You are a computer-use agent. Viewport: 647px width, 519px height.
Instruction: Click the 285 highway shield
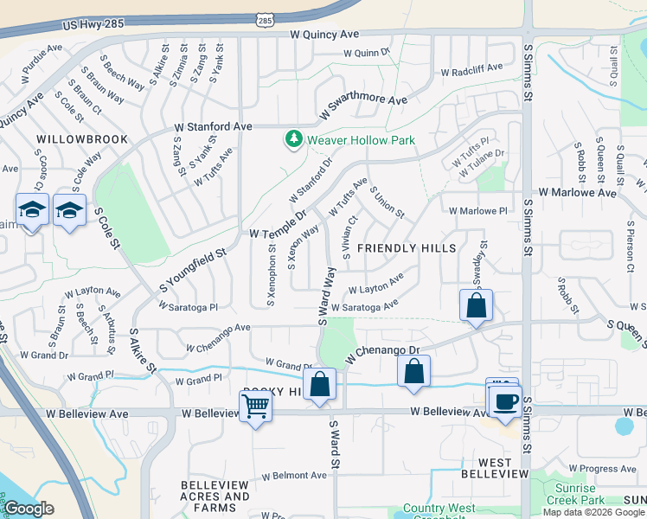[x=266, y=18]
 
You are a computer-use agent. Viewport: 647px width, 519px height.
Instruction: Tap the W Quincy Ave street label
[x=324, y=35]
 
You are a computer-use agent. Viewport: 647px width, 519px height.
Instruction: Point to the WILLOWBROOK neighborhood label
[x=82, y=139]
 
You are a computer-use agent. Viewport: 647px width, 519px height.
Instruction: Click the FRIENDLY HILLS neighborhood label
[x=407, y=248]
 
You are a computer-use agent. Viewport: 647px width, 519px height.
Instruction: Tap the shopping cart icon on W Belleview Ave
[x=256, y=405]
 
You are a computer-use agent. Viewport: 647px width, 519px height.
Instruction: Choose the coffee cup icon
[x=506, y=400]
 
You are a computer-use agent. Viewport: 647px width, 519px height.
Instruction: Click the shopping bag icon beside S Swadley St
[x=476, y=305]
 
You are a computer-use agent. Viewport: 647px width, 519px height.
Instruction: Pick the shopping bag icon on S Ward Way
[x=320, y=384]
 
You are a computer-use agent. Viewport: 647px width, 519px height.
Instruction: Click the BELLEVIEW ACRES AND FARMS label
[x=215, y=490]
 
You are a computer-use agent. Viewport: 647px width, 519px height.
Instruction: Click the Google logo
[x=29, y=509]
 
